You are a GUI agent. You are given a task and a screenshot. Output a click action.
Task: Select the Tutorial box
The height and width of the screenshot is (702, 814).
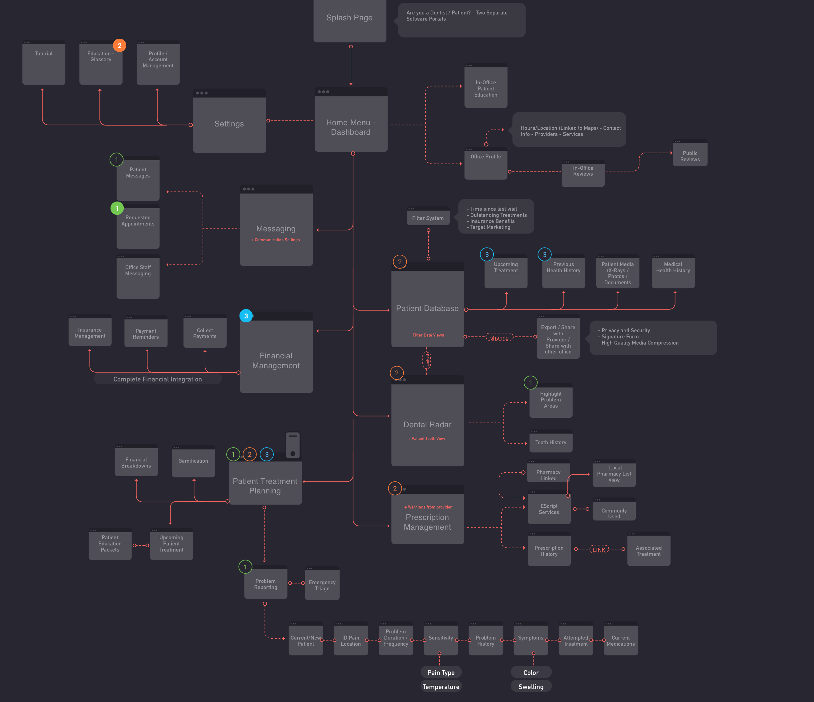tap(44, 63)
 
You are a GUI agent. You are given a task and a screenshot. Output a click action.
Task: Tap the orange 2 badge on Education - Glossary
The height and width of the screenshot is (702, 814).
tap(119, 46)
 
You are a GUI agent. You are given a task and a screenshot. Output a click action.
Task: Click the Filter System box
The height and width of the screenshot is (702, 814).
tap(428, 217)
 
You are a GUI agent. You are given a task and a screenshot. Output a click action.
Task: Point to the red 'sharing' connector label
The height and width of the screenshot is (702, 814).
tap(499, 338)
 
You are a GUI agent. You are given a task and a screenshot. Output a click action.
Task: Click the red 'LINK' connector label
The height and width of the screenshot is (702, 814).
tap(599, 550)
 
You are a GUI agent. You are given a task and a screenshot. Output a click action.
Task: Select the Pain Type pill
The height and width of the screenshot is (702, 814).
tap(441, 672)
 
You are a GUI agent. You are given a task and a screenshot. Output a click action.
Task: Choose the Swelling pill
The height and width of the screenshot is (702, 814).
tap(531, 687)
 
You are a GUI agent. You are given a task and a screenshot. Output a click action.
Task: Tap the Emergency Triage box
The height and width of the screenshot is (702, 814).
tap(322, 585)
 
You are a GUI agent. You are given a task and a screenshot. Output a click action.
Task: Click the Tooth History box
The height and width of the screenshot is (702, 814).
tap(550, 442)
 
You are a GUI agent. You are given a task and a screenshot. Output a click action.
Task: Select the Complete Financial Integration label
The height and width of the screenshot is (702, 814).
tap(158, 379)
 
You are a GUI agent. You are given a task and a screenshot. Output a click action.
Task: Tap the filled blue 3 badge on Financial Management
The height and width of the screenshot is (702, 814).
tap(246, 316)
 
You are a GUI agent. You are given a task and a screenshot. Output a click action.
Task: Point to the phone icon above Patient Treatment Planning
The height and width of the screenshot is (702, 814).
tap(293, 445)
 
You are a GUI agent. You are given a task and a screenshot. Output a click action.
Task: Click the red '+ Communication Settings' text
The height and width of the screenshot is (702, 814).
tap(276, 240)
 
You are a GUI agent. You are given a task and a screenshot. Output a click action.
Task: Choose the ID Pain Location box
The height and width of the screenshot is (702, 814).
tap(350, 640)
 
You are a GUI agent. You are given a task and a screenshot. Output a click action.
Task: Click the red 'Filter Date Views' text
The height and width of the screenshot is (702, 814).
tap(428, 335)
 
